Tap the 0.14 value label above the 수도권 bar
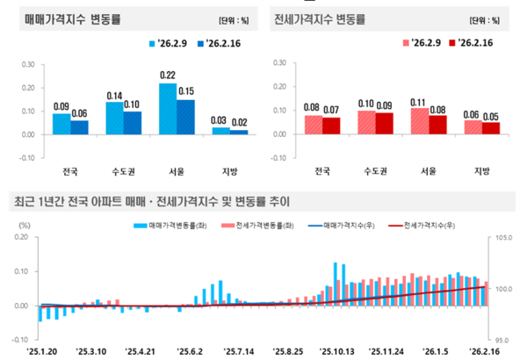[114, 95]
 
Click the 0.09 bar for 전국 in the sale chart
[61, 124]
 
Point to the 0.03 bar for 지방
[220, 131]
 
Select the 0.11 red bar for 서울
[421, 121]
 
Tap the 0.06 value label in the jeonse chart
[473, 114]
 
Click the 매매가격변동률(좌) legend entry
[170, 226]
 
